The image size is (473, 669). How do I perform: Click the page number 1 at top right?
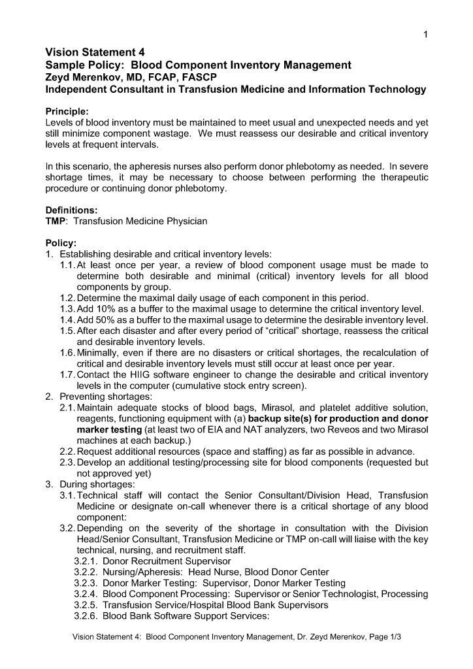point(425,35)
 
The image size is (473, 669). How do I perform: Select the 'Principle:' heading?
point(67,111)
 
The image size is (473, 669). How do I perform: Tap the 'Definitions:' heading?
point(71,210)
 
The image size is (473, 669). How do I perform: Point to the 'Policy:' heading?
point(61,243)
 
